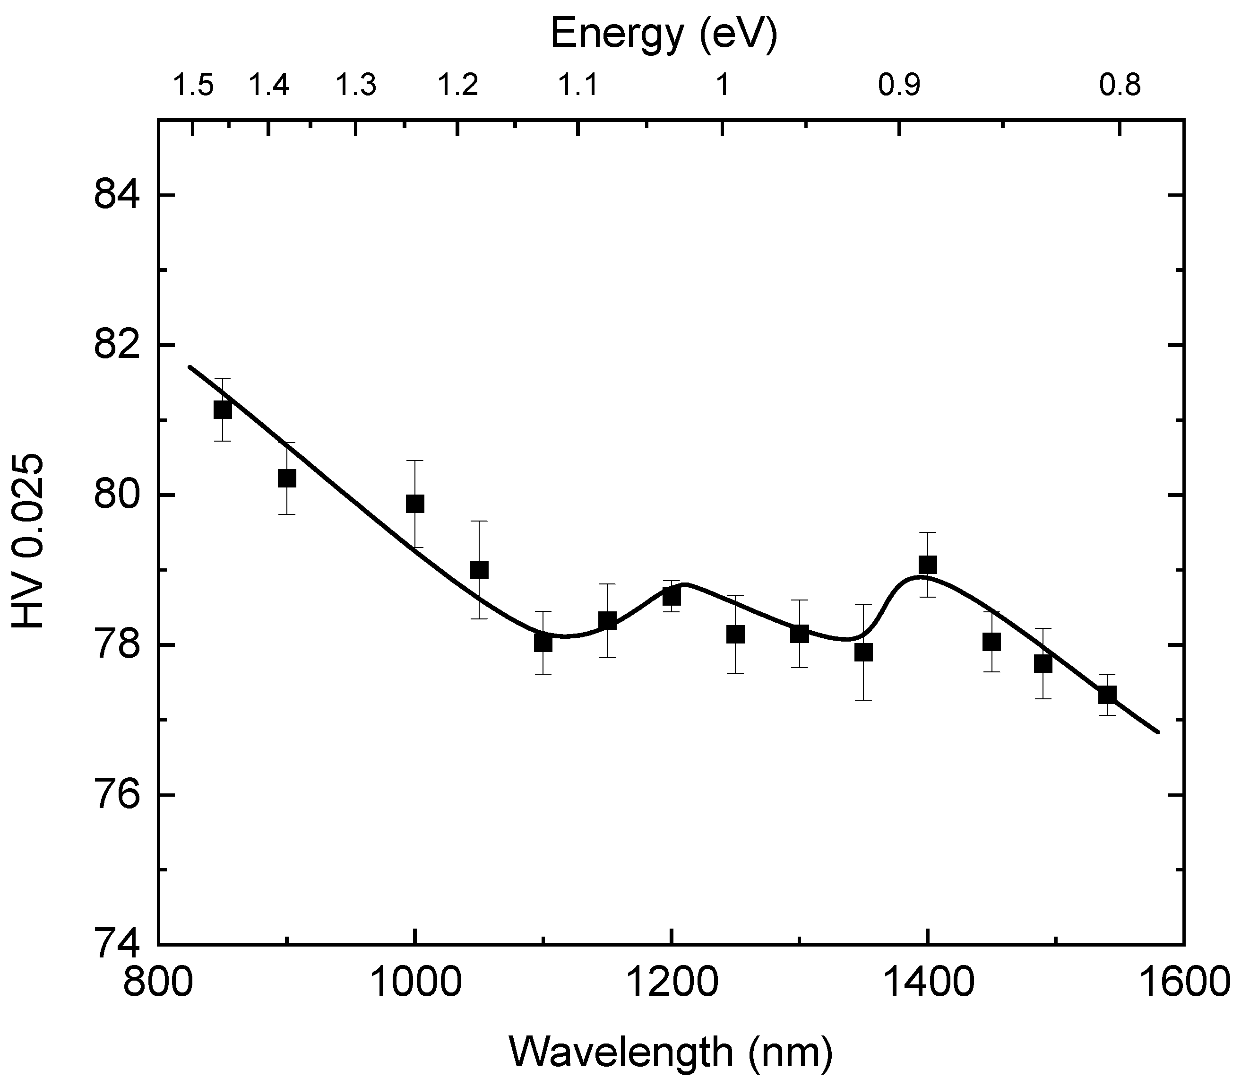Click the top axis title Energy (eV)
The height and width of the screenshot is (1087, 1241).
click(x=664, y=35)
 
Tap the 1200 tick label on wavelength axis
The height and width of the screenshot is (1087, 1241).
click(x=671, y=983)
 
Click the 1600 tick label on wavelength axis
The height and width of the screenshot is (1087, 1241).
click(x=1183, y=983)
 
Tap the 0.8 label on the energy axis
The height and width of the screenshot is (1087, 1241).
click(x=1120, y=86)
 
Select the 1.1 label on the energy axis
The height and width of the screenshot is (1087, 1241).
click(x=578, y=86)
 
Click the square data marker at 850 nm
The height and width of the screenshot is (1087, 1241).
click(x=223, y=410)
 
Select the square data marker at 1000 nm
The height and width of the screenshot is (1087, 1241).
click(x=414, y=504)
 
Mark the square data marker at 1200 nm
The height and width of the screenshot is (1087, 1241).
click(x=671, y=597)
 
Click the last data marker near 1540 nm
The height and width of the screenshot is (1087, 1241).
click(x=1107, y=695)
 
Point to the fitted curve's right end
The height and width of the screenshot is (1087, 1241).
click(x=1158, y=732)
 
